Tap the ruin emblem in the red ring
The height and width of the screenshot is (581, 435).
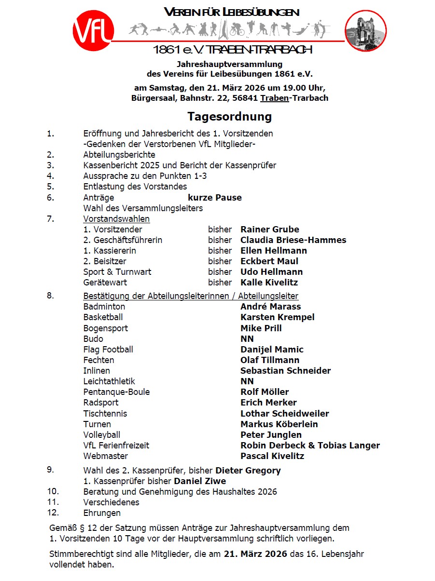pos(365,31)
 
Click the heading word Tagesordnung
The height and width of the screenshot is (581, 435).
pos(230,117)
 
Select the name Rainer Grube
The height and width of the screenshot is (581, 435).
pos(269,230)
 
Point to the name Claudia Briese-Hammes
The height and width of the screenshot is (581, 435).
pos(293,240)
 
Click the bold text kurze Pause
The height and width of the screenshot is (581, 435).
pos(215,198)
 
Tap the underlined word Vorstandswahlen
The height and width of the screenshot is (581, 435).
pos(116,219)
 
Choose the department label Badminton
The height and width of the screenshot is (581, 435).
pos(104,307)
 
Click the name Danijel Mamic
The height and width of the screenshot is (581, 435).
pos(272,350)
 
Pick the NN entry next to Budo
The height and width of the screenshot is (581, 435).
pos(247,339)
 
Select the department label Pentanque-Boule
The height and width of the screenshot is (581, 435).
pos(116,392)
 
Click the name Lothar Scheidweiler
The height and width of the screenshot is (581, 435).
pos(284,414)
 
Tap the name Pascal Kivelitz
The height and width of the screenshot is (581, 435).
pos(272,456)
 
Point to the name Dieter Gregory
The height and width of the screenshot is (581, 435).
pos(248,471)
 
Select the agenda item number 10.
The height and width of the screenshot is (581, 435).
pos(53,491)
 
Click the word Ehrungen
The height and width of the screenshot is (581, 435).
pos(102,513)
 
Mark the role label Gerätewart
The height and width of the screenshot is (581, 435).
pos(105,283)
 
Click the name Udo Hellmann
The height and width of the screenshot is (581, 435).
pos(271,272)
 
